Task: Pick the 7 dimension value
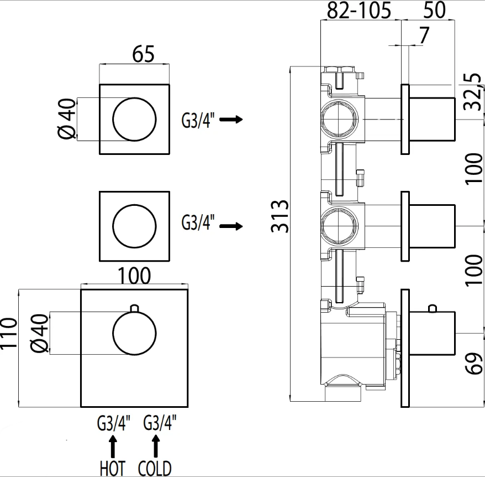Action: click(424, 35)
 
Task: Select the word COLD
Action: click(155, 468)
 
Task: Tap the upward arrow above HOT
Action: click(113, 445)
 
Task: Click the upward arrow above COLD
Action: click(156, 445)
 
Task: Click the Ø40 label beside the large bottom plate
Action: click(39, 334)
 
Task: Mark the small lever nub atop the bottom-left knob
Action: click(134, 308)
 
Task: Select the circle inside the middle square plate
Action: click(134, 226)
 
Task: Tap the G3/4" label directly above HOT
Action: click(114, 424)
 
